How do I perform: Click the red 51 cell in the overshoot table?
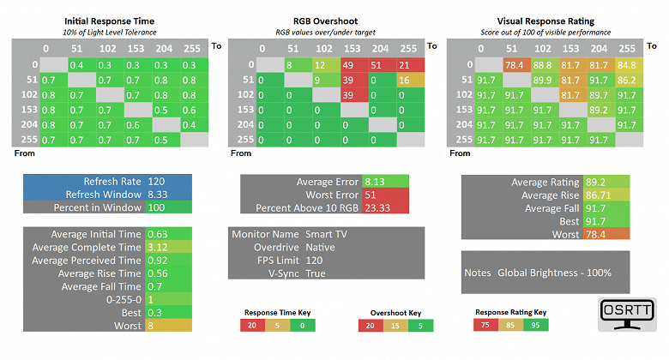pos(376,64)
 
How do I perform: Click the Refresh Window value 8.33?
pos(157,195)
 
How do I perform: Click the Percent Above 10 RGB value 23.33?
pos(377,207)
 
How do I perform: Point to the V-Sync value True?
pos(316,273)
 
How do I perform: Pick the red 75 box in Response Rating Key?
pos(486,326)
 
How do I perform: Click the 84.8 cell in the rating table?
pos(626,64)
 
